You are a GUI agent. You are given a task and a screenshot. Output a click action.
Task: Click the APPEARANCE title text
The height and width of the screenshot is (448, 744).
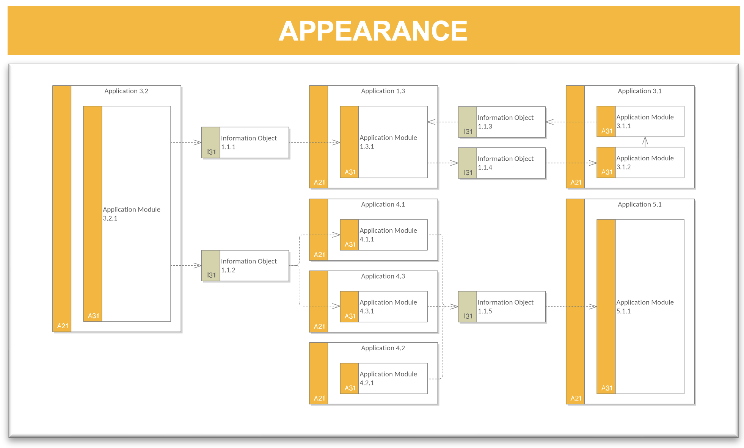click(x=373, y=31)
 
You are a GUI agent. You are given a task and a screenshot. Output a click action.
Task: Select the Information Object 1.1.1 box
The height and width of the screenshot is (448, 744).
click(x=245, y=143)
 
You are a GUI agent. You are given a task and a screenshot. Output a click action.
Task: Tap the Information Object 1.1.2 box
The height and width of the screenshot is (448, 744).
click(x=245, y=265)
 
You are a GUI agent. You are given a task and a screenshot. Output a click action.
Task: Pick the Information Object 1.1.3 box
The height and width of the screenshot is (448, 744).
click(x=502, y=122)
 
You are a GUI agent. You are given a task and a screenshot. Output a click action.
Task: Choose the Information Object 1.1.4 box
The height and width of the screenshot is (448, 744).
click(x=502, y=163)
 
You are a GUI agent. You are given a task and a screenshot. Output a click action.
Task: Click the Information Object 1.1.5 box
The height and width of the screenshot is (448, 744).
click(x=502, y=307)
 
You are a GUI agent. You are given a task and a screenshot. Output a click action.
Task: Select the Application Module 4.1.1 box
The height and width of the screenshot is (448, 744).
click(x=384, y=235)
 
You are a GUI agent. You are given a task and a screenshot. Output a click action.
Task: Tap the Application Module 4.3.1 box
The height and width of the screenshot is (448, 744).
click(x=384, y=307)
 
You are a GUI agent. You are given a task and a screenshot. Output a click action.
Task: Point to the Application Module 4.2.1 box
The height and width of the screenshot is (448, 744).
click(x=384, y=378)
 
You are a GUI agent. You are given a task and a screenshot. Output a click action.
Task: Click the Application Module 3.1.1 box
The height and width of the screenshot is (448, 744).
click(x=640, y=121)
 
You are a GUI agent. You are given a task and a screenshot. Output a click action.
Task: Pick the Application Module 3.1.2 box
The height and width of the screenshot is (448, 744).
click(x=640, y=163)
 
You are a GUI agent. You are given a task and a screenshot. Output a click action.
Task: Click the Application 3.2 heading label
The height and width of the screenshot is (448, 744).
click(x=126, y=91)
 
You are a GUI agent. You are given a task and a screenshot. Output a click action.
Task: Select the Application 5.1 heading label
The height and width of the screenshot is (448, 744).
click(x=640, y=204)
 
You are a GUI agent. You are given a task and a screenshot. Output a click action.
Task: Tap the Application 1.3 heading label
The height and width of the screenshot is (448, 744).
click(x=383, y=91)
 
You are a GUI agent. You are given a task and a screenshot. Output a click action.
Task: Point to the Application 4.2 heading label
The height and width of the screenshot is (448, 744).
click(x=383, y=348)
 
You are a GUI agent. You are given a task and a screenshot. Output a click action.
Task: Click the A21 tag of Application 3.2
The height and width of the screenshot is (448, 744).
click(x=63, y=326)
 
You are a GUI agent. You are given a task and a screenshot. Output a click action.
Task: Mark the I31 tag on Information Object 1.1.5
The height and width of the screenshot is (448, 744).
click(x=468, y=316)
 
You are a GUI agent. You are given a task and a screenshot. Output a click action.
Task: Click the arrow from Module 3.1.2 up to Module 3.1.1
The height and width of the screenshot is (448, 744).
click(x=645, y=142)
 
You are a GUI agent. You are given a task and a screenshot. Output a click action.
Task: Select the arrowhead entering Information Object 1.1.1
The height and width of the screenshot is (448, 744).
click(x=198, y=143)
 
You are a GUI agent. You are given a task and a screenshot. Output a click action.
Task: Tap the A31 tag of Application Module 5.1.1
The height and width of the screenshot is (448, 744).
click(x=607, y=388)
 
